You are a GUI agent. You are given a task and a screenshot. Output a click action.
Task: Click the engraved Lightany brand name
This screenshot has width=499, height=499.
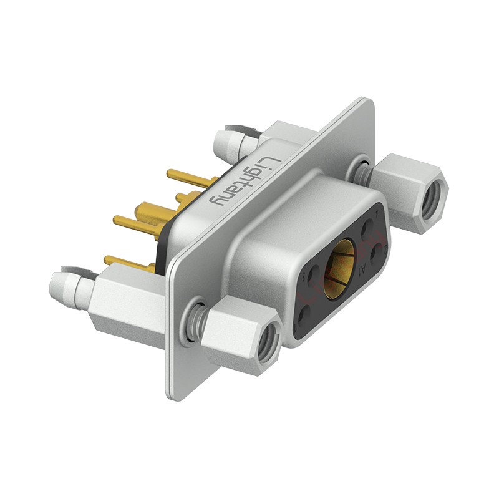point(240,181)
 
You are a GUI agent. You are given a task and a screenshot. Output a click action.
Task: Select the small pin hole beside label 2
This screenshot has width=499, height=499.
point(379,253)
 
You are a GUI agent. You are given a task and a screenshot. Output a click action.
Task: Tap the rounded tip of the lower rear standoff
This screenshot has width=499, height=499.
point(61,288)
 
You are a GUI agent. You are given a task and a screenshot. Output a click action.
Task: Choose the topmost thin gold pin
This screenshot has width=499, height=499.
point(187,178)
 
